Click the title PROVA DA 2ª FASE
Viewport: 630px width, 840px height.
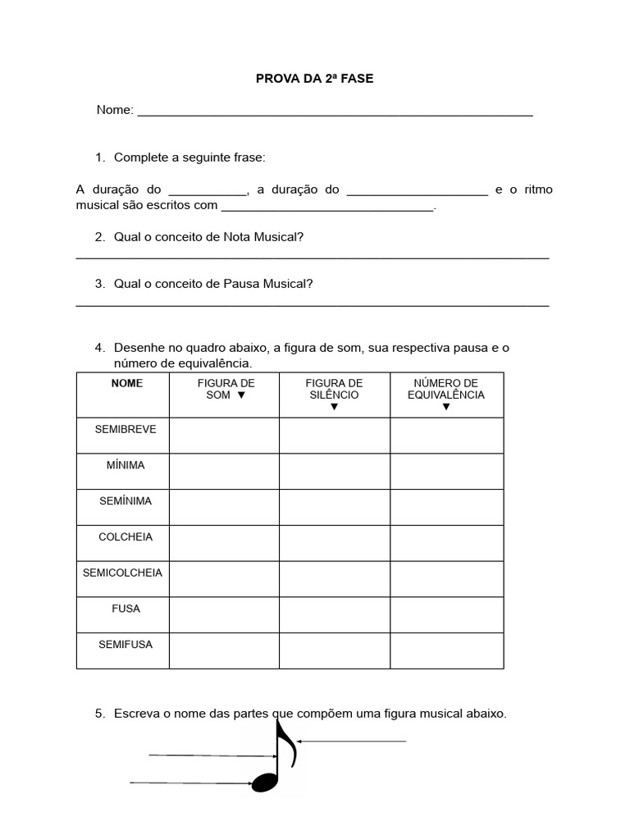coord(314,79)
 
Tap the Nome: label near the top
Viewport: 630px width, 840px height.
coord(115,110)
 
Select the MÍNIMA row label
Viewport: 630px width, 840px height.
coord(125,465)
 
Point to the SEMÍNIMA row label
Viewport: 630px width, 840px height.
coord(125,500)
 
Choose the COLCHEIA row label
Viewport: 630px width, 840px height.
coord(125,536)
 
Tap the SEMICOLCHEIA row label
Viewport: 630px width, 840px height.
coord(123,573)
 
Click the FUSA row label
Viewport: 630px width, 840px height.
coord(125,609)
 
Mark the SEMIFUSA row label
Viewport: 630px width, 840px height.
coord(125,645)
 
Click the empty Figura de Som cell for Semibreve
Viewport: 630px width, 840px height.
coord(224,436)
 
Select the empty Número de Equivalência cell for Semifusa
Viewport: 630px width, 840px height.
coord(446,651)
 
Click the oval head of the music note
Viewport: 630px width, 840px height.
coord(265,782)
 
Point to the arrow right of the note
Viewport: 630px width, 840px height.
coord(352,742)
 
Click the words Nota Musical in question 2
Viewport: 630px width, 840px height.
coord(262,237)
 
